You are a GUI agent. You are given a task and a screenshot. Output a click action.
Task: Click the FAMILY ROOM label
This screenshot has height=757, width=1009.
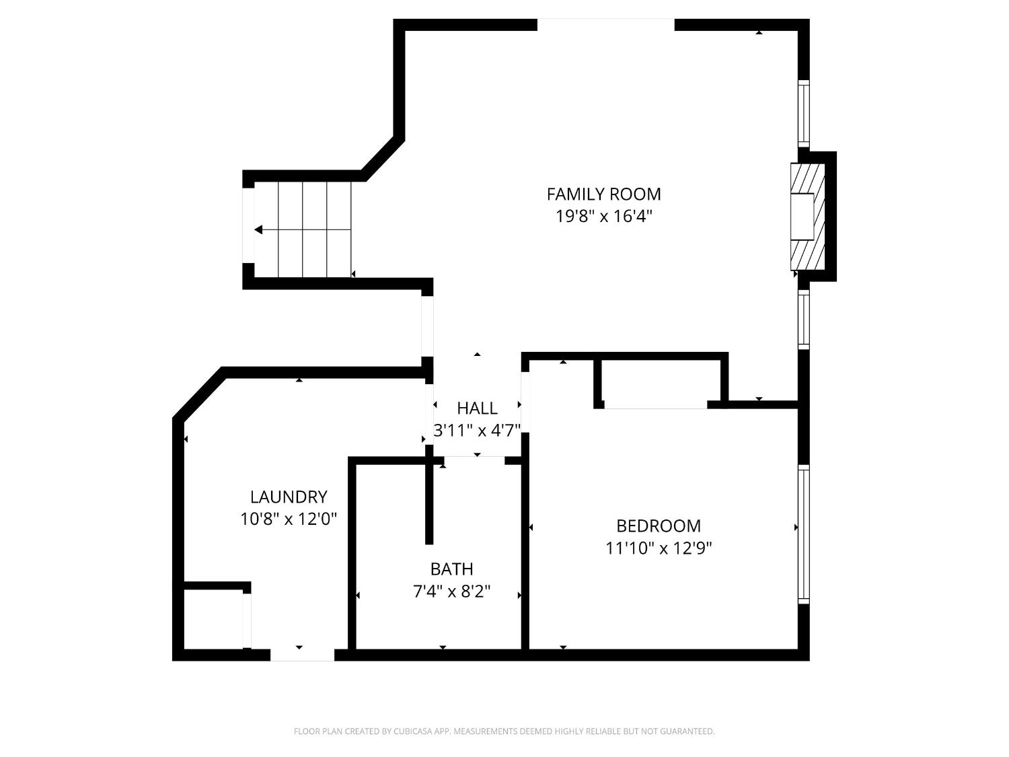click(x=603, y=194)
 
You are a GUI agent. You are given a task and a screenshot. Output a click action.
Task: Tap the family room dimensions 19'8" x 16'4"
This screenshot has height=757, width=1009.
click(x=603, y=217)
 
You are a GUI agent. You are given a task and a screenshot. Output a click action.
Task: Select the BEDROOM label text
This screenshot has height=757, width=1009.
click(x=659, y=526)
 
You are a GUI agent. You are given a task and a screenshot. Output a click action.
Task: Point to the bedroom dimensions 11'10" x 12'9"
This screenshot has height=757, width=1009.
click(x=659, y=548)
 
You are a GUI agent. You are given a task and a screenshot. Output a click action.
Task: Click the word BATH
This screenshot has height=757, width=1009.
click(x=451, y=569)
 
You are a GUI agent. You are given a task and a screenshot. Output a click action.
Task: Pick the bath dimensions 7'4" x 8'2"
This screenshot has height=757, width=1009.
click(x=451, y=591)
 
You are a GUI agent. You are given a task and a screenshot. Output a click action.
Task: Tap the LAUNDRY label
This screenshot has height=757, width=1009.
click(x=289, y=497)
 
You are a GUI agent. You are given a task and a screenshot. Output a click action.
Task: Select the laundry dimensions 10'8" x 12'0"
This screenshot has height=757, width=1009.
click(x=289, y=519)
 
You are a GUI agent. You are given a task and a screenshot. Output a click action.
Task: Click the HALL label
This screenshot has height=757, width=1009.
click(x=477, y=408)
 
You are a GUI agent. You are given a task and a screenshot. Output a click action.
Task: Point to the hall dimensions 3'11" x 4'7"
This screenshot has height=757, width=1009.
click(x=477, y=431)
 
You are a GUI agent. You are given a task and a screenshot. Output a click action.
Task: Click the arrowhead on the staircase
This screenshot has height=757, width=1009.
click(x=259, y=230)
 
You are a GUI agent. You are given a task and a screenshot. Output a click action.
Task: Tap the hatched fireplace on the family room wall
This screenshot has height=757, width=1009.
click(x=807, y=216)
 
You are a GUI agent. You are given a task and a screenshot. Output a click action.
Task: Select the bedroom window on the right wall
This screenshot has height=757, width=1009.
click(x=803, y=532)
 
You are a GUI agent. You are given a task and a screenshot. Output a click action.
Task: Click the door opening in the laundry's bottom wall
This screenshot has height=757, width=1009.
click(x=302, y=655)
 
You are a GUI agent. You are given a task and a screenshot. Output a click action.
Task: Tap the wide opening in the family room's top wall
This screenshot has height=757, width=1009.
click(x=605, y=25)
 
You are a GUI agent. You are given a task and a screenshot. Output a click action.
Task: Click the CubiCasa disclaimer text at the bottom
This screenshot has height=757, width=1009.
click(x=504, y=731)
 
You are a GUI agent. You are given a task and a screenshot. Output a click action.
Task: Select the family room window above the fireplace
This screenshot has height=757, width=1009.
click(x=803, y=113)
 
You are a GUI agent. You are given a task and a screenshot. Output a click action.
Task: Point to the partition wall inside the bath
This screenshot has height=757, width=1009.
click(x=429, y=501)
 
